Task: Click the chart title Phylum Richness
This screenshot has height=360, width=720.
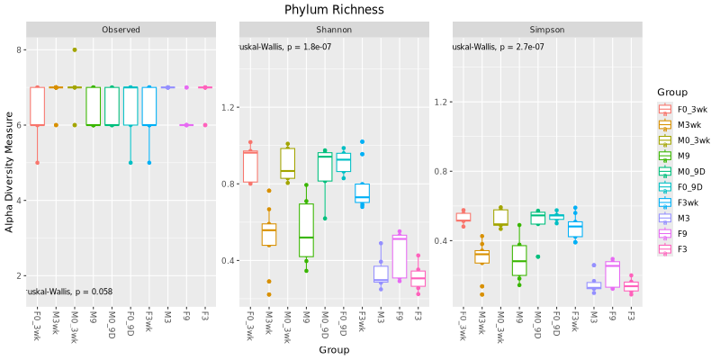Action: tap(333, 10)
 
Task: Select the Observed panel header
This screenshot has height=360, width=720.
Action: tap(121, 30)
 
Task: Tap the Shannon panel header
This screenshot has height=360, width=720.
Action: tap(334, 30)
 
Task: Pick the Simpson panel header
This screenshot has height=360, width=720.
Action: tap(547, 30)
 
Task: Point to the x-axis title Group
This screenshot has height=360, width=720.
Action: tap(333, 349)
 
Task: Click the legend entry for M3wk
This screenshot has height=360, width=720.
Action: tap(690, 124)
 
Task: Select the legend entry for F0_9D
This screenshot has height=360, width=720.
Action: tap(692, 186)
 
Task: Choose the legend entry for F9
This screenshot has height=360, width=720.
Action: tap(684, 233)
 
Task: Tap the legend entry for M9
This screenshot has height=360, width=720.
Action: tap(685, 156)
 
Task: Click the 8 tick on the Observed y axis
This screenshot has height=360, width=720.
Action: tap(20, 49)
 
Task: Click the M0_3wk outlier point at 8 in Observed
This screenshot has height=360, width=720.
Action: tap(75, 49)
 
